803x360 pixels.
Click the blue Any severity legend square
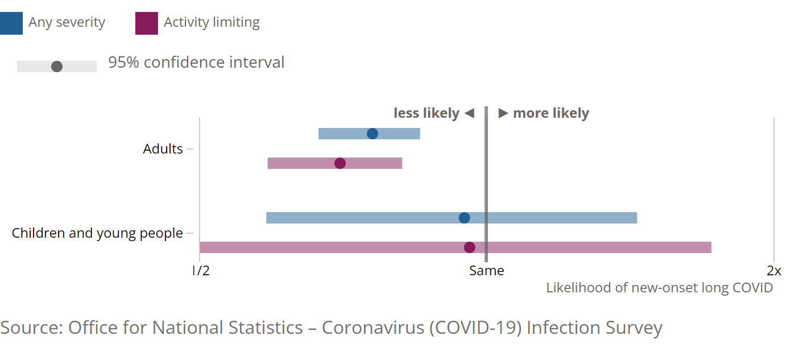(11, 23)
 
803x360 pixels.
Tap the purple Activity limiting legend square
(146, 23)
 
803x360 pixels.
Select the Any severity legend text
(67, 23)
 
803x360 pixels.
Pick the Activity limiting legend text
(212, 23)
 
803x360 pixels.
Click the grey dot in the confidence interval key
(57, 67)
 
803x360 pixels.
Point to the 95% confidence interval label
(196, 63)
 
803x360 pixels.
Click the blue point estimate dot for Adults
(372, 134)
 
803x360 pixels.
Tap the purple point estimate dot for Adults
(340, 163)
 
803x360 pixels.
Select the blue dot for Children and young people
(465, 218)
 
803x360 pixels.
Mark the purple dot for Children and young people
(470, 247)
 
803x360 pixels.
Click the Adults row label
(163, 149)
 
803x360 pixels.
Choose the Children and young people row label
(97, 233)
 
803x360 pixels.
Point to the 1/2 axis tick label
(201, 271)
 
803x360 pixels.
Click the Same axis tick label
(486, 271)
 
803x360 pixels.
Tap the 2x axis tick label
(773, 271)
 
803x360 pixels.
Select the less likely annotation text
(426, 113)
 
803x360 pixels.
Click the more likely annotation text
(550, 113)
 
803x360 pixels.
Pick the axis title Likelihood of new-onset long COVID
(659, 287)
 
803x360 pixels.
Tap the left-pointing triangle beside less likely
(469, 113)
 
